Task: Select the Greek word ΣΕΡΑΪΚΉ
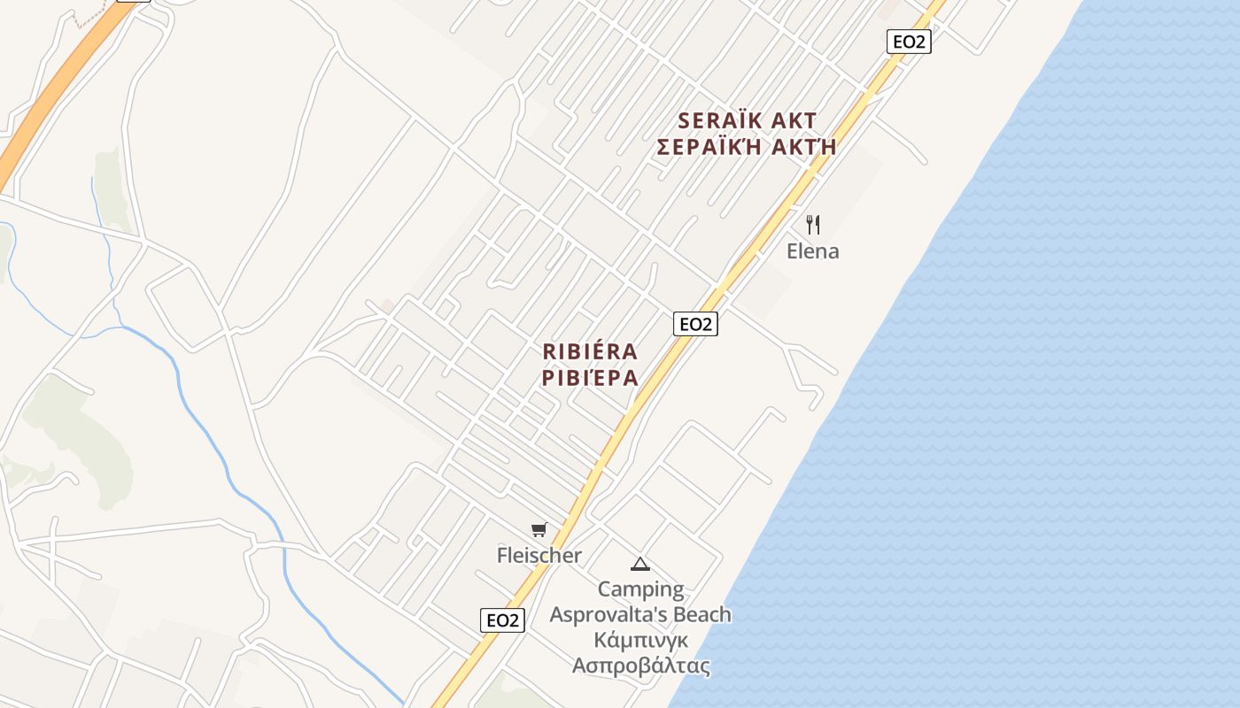point(709,147)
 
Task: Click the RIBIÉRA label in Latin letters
point(590,351)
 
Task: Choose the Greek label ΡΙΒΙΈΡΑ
point(590,378)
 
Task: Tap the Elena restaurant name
point(812,251)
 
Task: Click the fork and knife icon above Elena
point(813,225)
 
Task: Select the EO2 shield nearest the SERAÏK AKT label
point(909,41)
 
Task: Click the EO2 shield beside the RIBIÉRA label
point(695,324)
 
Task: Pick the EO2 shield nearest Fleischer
point(502,620)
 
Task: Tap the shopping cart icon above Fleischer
point(539,530)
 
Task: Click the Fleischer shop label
point(539,556)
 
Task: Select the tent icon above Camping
point(639,564)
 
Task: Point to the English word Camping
point(640,589)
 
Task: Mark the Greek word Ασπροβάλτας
point(641,666)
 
